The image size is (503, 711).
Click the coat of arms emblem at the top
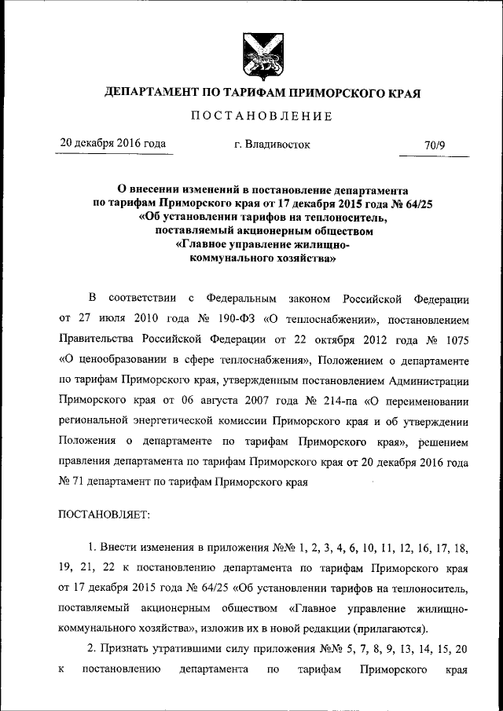[251, 56]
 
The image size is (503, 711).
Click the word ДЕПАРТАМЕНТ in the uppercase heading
[154, 93]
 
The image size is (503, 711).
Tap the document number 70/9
[435, 145]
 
